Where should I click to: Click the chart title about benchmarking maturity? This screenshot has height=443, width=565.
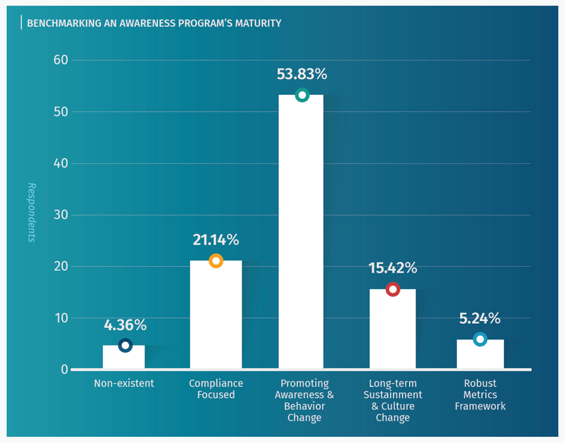154,23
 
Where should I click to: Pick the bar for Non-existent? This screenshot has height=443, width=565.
124,358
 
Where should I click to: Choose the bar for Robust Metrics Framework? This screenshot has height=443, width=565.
480,355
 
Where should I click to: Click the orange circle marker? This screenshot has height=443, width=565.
215,261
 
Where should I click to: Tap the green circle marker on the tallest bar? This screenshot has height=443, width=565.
302,96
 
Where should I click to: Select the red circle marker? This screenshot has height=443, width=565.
392,290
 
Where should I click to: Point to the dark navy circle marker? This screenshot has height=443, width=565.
125,345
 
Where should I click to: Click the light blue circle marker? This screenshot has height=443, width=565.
480,339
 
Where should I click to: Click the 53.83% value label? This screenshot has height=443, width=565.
302,74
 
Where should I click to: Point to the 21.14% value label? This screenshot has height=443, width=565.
215,239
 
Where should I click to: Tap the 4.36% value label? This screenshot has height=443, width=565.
125,325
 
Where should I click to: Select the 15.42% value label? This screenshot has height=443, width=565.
392,268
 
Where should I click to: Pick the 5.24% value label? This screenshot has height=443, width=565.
480,319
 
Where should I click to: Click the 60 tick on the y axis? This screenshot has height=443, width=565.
60,60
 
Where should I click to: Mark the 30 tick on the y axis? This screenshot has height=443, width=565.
60,215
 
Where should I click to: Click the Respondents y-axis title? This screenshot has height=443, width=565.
31,212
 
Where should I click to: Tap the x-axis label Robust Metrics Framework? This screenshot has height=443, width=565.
480,395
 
